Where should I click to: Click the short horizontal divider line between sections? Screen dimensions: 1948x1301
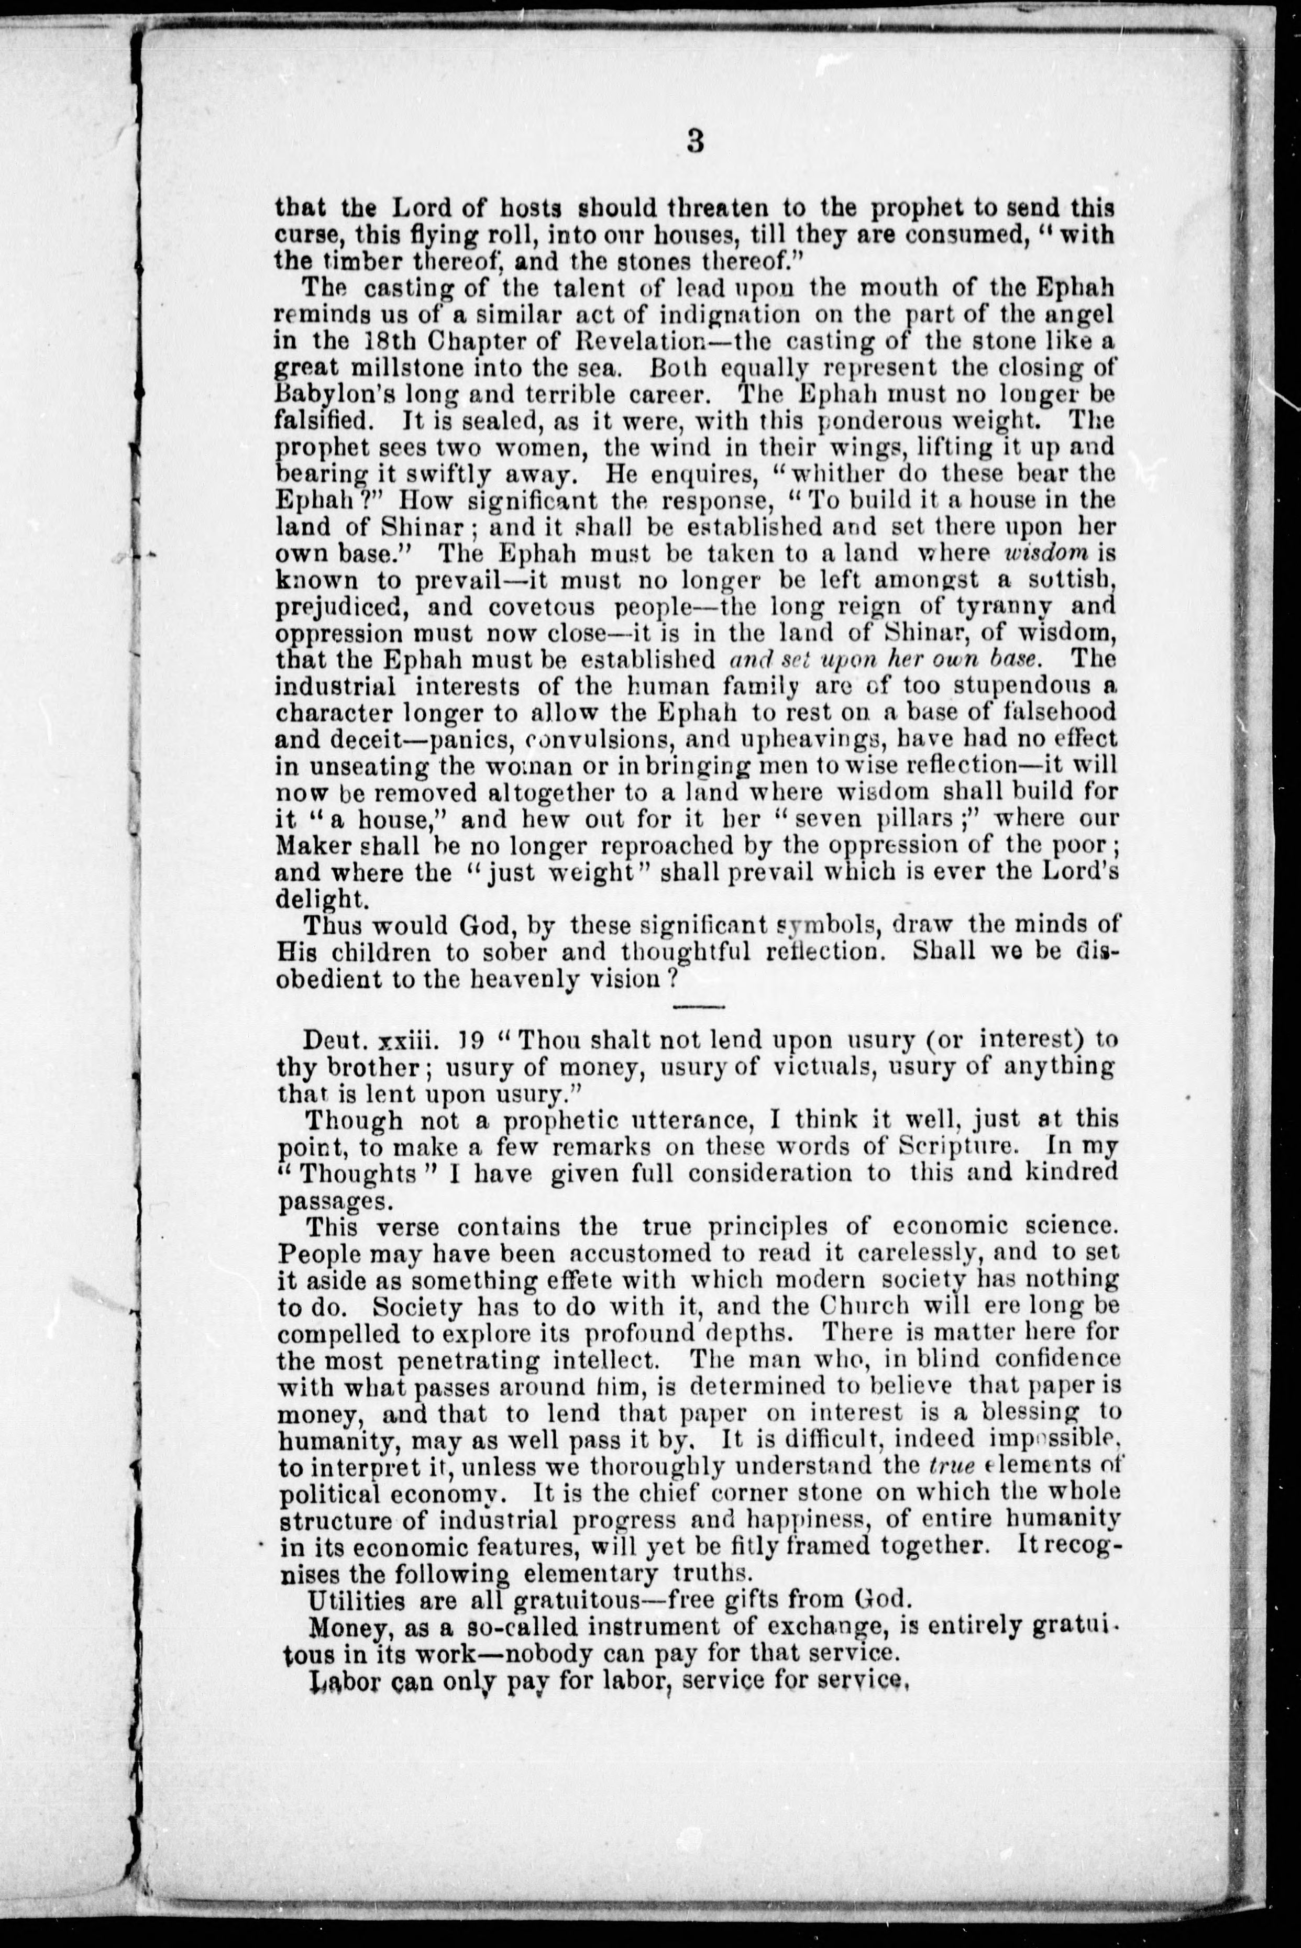699,1007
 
